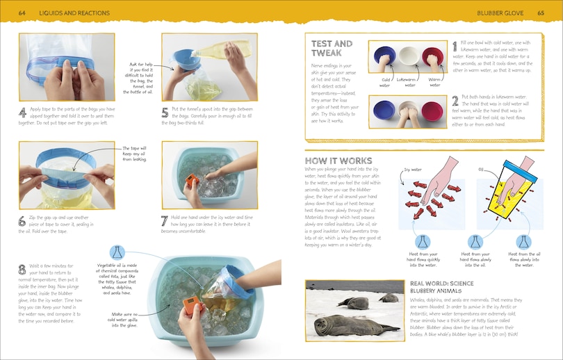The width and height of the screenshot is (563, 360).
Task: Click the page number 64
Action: [x=22, y=13]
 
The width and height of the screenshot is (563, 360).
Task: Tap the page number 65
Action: [x=540, y=13]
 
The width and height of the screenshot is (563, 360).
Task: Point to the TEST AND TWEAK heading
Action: [x=332, y=49]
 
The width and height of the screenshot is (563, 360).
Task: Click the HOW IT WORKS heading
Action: [x=338, y=161]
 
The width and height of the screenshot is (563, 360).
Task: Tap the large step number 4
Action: [x=23, y=112]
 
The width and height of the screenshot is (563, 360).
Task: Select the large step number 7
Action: [x=165, y=220]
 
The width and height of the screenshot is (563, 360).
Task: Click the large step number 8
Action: [x=24, y=270]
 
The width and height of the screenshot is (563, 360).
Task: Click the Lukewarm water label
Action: [x=410, y=82]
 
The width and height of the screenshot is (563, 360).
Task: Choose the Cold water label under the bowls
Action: [x=385, y=82]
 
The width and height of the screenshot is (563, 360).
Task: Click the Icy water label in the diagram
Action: [x=414, y=169]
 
